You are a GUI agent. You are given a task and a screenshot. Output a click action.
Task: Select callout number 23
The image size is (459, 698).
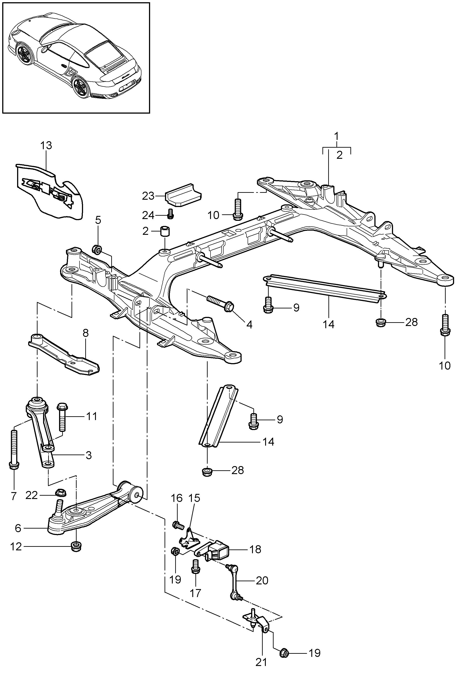[148, 196]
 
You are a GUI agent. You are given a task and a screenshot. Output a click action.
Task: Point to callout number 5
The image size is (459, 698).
[98, 220]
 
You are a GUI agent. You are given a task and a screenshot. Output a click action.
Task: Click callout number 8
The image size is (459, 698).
[85, 333]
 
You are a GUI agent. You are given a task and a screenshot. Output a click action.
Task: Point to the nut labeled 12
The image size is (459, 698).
[76, 547]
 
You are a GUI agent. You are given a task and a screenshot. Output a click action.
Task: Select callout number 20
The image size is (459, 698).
[262, 580]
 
